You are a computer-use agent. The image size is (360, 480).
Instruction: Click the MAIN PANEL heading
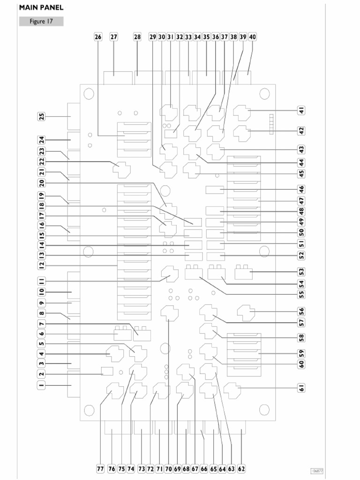(x=41, y=7)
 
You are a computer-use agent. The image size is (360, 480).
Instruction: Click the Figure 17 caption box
(x=41, y=22)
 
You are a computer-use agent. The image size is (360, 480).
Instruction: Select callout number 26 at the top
(x=98, y=37)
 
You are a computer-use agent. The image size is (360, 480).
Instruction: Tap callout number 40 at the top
(x=252, y=37)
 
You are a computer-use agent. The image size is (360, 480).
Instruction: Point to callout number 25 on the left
(x=41, y=116)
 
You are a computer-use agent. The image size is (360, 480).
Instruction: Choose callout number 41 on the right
(x=301, y=110)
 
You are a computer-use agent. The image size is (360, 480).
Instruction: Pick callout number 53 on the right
(x=301, y=271)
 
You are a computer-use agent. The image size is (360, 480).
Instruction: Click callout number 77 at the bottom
(x=100, y=469)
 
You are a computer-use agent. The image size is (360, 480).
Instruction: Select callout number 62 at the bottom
(x=241, y=469)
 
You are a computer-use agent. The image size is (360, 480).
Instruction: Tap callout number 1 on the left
(x=41, y=385)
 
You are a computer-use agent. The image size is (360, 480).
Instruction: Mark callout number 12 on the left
(x=41, y=265)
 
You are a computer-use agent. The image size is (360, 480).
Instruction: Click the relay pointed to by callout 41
(x=242, y=113)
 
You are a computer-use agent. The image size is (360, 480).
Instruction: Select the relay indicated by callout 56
(x=246, y=313)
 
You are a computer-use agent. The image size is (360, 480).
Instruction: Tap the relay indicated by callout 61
(x=232, y=390)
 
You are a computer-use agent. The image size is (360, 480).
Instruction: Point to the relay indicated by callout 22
(x=121, y=170)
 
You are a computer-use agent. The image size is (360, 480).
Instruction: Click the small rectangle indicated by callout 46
(x=215, y=190)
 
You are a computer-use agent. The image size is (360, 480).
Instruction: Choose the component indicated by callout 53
(x=244, y=272)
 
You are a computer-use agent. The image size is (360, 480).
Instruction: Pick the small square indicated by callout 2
(x=107, y=371)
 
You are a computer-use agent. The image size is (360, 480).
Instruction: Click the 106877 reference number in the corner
(x=317, y=471)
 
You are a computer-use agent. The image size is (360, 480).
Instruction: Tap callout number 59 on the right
(x=301, y=353)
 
